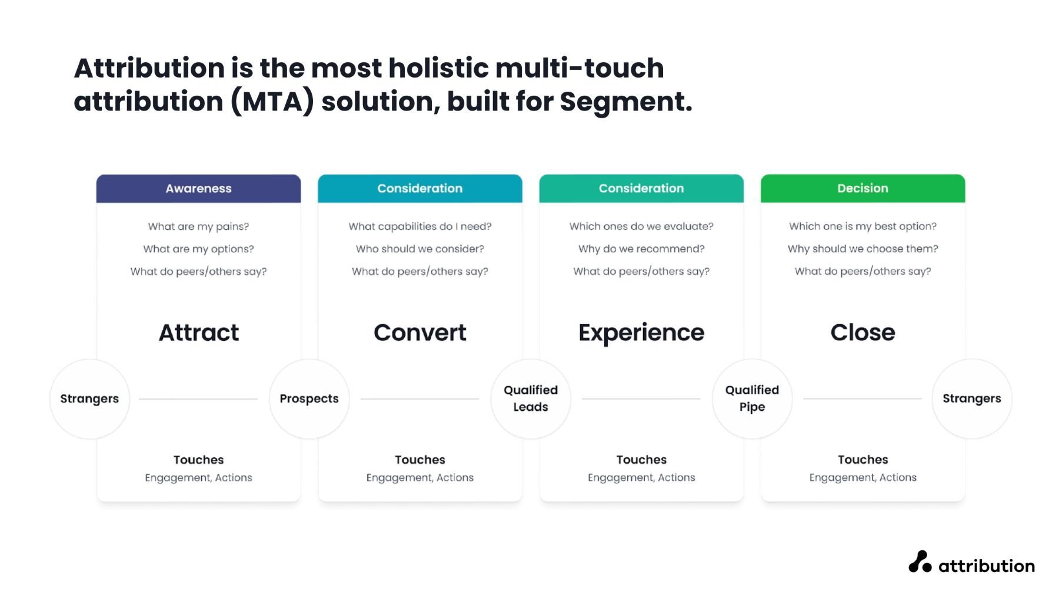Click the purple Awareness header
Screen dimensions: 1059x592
pos(198,189)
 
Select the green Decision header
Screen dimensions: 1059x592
pos(862,189)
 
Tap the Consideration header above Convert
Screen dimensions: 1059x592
pos(420,189)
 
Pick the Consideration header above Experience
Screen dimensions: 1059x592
pos(641,189)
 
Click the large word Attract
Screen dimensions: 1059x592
pos(199,333)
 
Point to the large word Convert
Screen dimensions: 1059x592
pos(420,333)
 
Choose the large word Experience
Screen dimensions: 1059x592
pos(641,333)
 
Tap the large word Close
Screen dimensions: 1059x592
pos(862,333)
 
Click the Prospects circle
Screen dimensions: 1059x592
pos(309,399)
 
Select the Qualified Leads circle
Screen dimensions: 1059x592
pos(531,399)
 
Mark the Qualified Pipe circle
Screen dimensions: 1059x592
pos(752,399)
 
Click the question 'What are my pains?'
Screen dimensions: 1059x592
pos(198,226)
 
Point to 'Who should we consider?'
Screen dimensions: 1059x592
pos(420,249)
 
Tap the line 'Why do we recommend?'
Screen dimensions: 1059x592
pos(641,249)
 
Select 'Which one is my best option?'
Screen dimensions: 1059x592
pos(862,226)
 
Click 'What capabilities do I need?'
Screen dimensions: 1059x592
pos(420,226)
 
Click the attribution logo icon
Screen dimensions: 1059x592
pos(920,562)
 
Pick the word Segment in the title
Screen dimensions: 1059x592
pos(626,102)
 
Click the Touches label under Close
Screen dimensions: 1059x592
pos(862,460)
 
